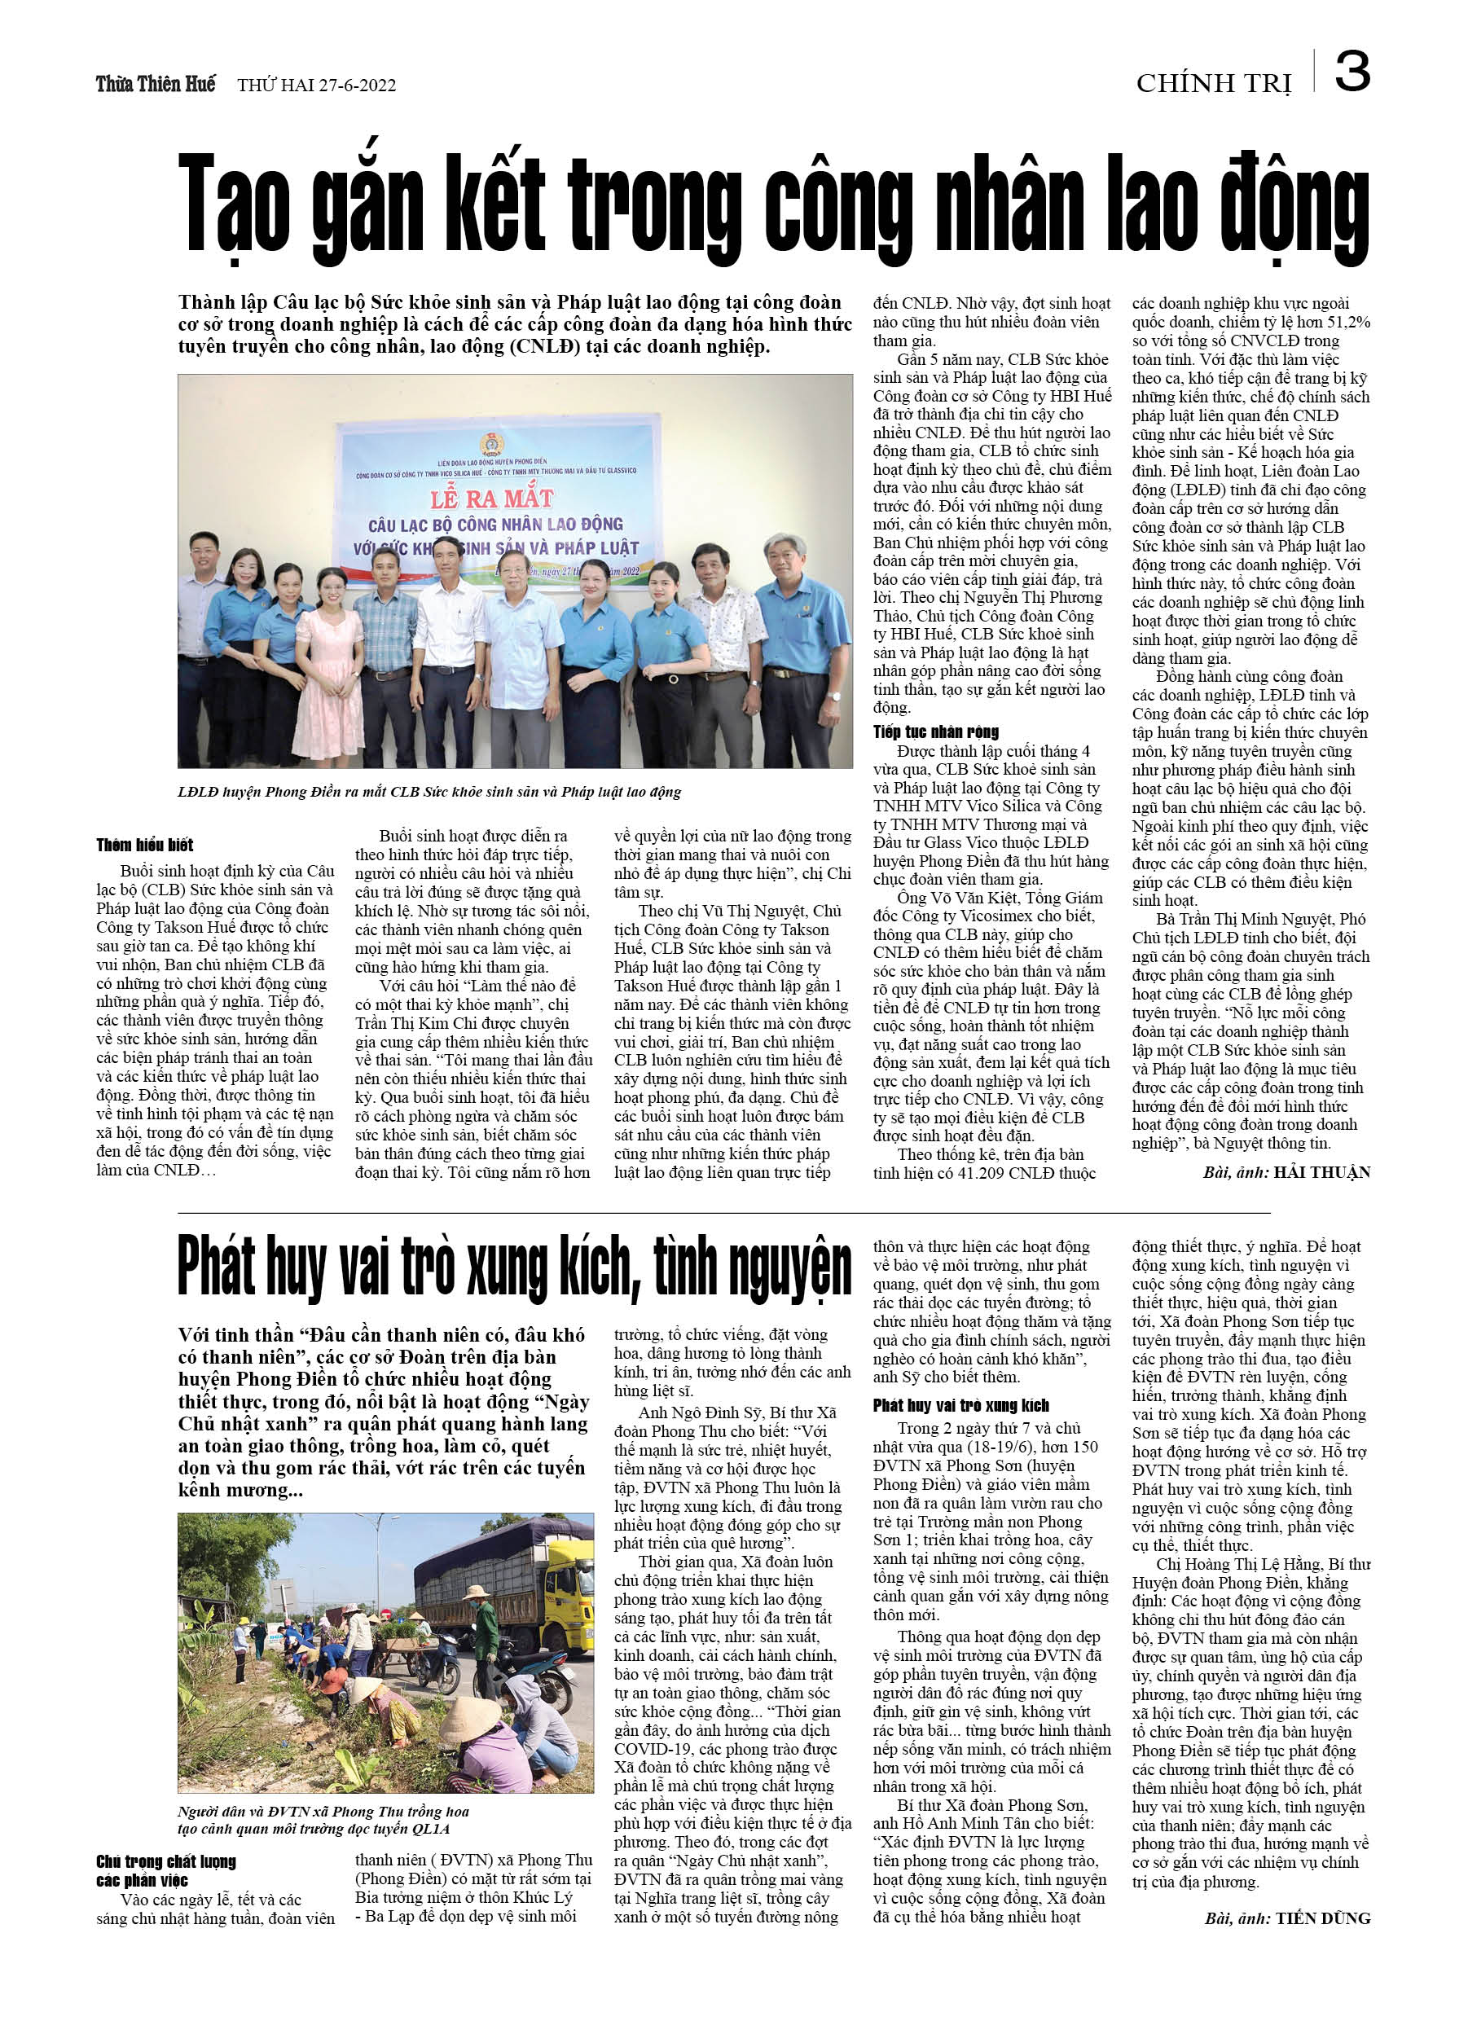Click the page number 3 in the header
coord(1352,72)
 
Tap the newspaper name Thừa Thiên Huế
coord(156,85)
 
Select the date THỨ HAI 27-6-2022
coord(316,86)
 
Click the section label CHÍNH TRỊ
coord(1213,84)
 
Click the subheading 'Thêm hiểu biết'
coord(144,845)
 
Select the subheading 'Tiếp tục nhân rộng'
coord(936,732)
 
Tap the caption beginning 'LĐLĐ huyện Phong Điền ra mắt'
coord(429,791)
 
